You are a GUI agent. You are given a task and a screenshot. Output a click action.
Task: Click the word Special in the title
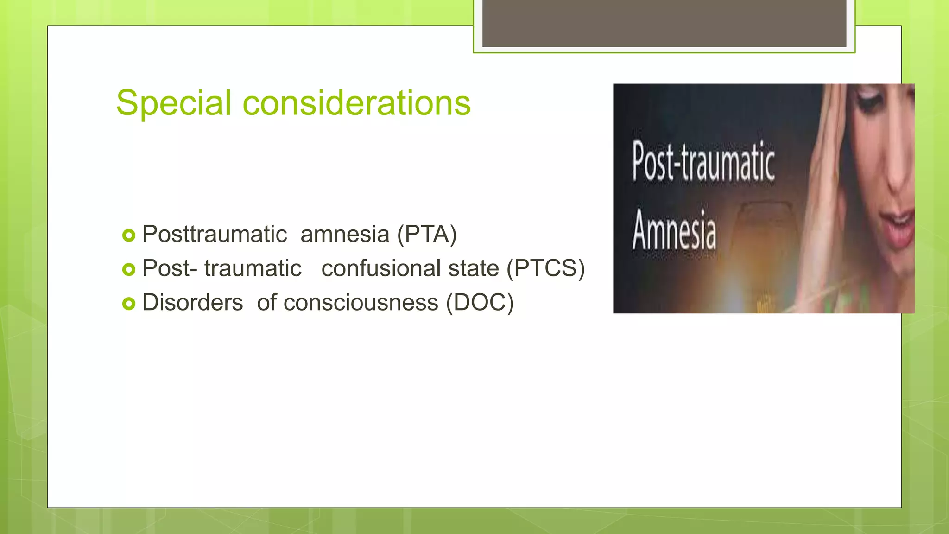pos(173,103)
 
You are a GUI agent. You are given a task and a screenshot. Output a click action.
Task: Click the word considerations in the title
pos(356,103)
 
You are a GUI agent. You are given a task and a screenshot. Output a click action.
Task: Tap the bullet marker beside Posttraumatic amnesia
pos(128,235)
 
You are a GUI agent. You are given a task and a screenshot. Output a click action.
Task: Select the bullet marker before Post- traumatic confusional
pos(128,269)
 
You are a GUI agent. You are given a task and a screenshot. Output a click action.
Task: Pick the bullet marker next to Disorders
pos(128,304)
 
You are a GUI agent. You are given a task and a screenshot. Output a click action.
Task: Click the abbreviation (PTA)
pos(427,234)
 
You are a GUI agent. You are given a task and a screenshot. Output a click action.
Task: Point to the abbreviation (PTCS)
pos(545,268)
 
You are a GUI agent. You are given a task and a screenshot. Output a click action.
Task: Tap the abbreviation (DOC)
pos(480,303)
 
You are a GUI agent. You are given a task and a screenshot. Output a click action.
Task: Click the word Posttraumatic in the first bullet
pos(215,234)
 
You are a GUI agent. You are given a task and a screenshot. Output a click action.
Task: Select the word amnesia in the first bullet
pos(345,234)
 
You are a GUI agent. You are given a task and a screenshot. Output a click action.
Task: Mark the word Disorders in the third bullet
pos(192,303)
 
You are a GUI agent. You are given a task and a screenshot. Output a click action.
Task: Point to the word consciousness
pos(361,303)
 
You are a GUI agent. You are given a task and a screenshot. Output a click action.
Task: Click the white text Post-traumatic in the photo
pos(703,162)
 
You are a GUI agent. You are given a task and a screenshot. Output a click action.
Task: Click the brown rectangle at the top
pos(664,23)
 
